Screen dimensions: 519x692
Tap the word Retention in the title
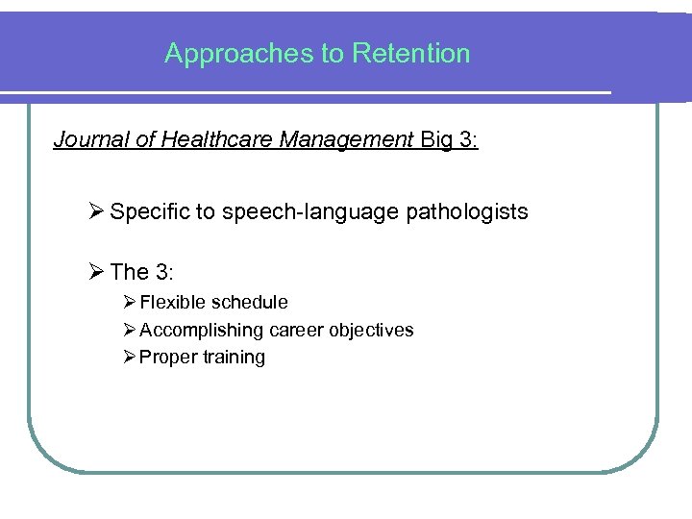[411, 53]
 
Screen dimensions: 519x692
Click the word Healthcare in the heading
[206, 140]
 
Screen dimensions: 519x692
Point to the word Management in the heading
[346, 140]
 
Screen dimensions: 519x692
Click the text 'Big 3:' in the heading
[449, 140]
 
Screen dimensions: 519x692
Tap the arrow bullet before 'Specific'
[95, 211]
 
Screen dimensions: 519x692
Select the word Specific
[151, 211]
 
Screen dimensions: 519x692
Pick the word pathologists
[470, 211]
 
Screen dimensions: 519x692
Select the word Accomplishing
[201, 330]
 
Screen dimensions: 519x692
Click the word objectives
[371, 330]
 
